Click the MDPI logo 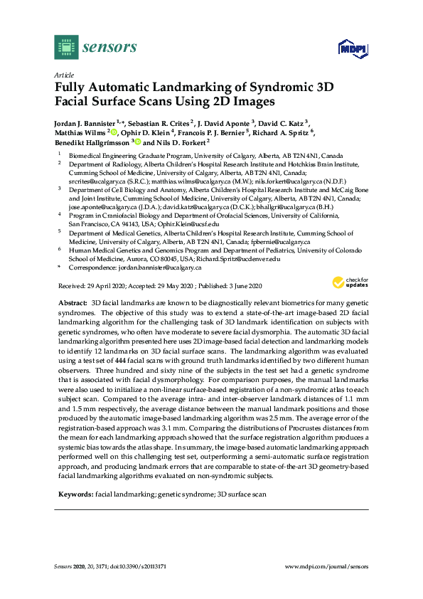coord(347,48)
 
